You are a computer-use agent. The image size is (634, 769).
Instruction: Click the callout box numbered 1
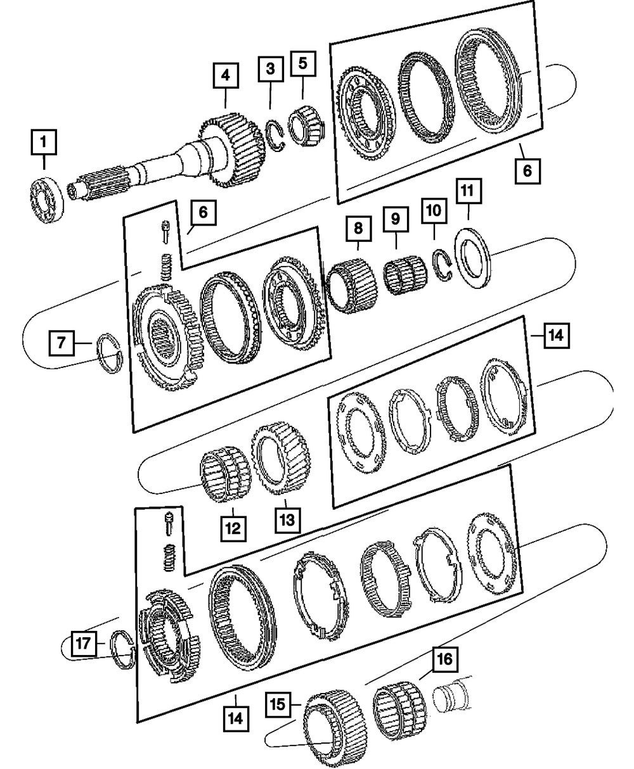43,143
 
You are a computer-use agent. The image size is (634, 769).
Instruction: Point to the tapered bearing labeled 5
306,124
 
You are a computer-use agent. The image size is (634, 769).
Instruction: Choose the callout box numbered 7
61,344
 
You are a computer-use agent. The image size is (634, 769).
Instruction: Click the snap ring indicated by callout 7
111,353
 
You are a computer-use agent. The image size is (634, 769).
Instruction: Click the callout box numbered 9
395,219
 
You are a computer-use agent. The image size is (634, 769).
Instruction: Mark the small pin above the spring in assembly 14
169,523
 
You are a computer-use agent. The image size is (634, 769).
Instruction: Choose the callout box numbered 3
270,70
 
